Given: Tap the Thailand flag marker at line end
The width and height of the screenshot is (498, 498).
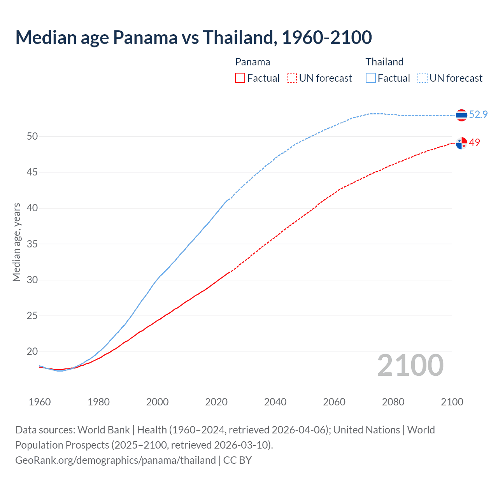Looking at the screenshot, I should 461,115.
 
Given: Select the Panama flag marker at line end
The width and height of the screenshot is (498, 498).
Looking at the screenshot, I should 461,144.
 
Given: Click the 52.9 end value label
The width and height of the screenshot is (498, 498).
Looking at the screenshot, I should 478,114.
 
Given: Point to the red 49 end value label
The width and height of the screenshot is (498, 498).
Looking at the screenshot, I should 474,143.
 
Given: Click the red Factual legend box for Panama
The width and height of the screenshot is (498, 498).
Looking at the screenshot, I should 240,78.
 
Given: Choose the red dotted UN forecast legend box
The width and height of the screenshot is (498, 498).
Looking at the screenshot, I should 291,78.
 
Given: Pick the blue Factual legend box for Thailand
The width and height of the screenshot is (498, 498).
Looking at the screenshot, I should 371,78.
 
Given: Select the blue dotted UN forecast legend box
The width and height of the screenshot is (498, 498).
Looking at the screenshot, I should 422,78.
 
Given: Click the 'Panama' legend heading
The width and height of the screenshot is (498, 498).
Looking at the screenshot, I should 253,62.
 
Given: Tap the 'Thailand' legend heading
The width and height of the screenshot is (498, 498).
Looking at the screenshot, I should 384,62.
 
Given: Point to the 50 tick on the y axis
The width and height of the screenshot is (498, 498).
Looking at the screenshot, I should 32,136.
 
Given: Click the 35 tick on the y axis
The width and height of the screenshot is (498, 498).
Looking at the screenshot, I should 32,244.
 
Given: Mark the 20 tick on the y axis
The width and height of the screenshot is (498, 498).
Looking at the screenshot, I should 32,352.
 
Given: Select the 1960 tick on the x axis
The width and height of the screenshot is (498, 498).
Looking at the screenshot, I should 40,402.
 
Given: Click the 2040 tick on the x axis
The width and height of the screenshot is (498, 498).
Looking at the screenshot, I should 275,402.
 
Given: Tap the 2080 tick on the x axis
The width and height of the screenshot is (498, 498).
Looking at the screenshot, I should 393,402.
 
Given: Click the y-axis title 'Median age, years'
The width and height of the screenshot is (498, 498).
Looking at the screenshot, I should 16,242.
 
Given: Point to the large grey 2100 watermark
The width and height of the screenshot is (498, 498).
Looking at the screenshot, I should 410,365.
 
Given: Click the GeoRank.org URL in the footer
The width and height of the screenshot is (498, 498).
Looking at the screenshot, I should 115,460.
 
